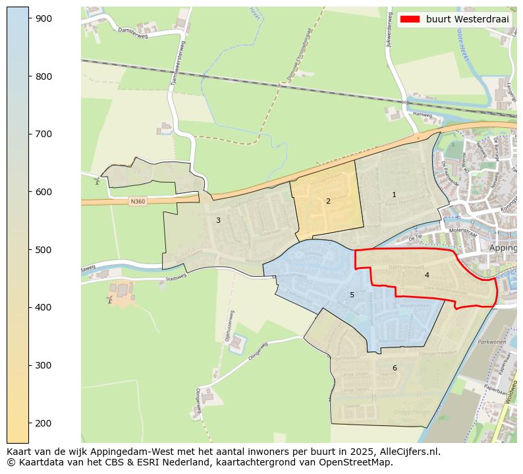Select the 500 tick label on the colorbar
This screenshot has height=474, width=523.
[43, 250]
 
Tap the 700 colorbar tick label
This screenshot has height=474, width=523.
[43, 134]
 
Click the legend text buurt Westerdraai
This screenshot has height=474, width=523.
[467, 19]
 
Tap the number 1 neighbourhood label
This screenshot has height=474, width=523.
[394, 194]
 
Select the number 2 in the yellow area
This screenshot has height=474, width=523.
[328, 201]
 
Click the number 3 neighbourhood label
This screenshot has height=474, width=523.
[218, 220]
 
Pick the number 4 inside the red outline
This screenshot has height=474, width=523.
[427, 275]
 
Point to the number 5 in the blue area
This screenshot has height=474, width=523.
[352, 295]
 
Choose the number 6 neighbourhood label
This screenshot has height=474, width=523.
[395, 368]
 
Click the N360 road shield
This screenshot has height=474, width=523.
[137, 201]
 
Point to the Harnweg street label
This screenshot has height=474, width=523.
[422, 114]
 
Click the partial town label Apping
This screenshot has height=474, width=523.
[503, 248]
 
